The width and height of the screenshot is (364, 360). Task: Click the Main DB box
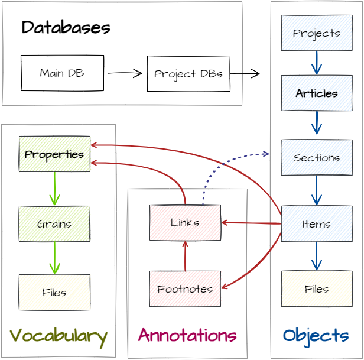[x=62, y=73]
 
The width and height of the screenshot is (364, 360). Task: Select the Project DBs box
[x=188, y=74]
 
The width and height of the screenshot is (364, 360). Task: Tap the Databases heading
[x=66, y=28]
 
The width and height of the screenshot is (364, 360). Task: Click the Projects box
[x=316, y=33]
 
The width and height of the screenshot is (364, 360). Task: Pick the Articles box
[x=316, y=93]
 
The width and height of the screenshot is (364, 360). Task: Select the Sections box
[x=316, y=158]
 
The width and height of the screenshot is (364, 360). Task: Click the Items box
[x=316, y=224]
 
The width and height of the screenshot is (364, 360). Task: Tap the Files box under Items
[x=316, y=289]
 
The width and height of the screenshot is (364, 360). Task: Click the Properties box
[x=54, y=154]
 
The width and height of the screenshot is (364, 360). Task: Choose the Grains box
[x=54, y=224]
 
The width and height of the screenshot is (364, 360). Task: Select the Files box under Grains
[x=54, y=293]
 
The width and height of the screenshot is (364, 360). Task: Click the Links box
[x=185, y=223]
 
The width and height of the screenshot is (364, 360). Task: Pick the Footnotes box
[x=185, y=289]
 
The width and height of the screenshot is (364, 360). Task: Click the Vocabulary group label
[x=58, y=336]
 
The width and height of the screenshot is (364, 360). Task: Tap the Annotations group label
[x=187, y=336]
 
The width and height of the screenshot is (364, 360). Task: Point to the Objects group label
[x=316, y=336]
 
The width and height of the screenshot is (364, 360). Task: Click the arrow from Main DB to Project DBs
[x=125, y=73]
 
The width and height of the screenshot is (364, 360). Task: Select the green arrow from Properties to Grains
[x=54, y=189]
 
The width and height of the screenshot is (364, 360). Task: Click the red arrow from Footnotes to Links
[x=185, y=255]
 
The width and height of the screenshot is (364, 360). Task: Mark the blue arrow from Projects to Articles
[x=316, y=63]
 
